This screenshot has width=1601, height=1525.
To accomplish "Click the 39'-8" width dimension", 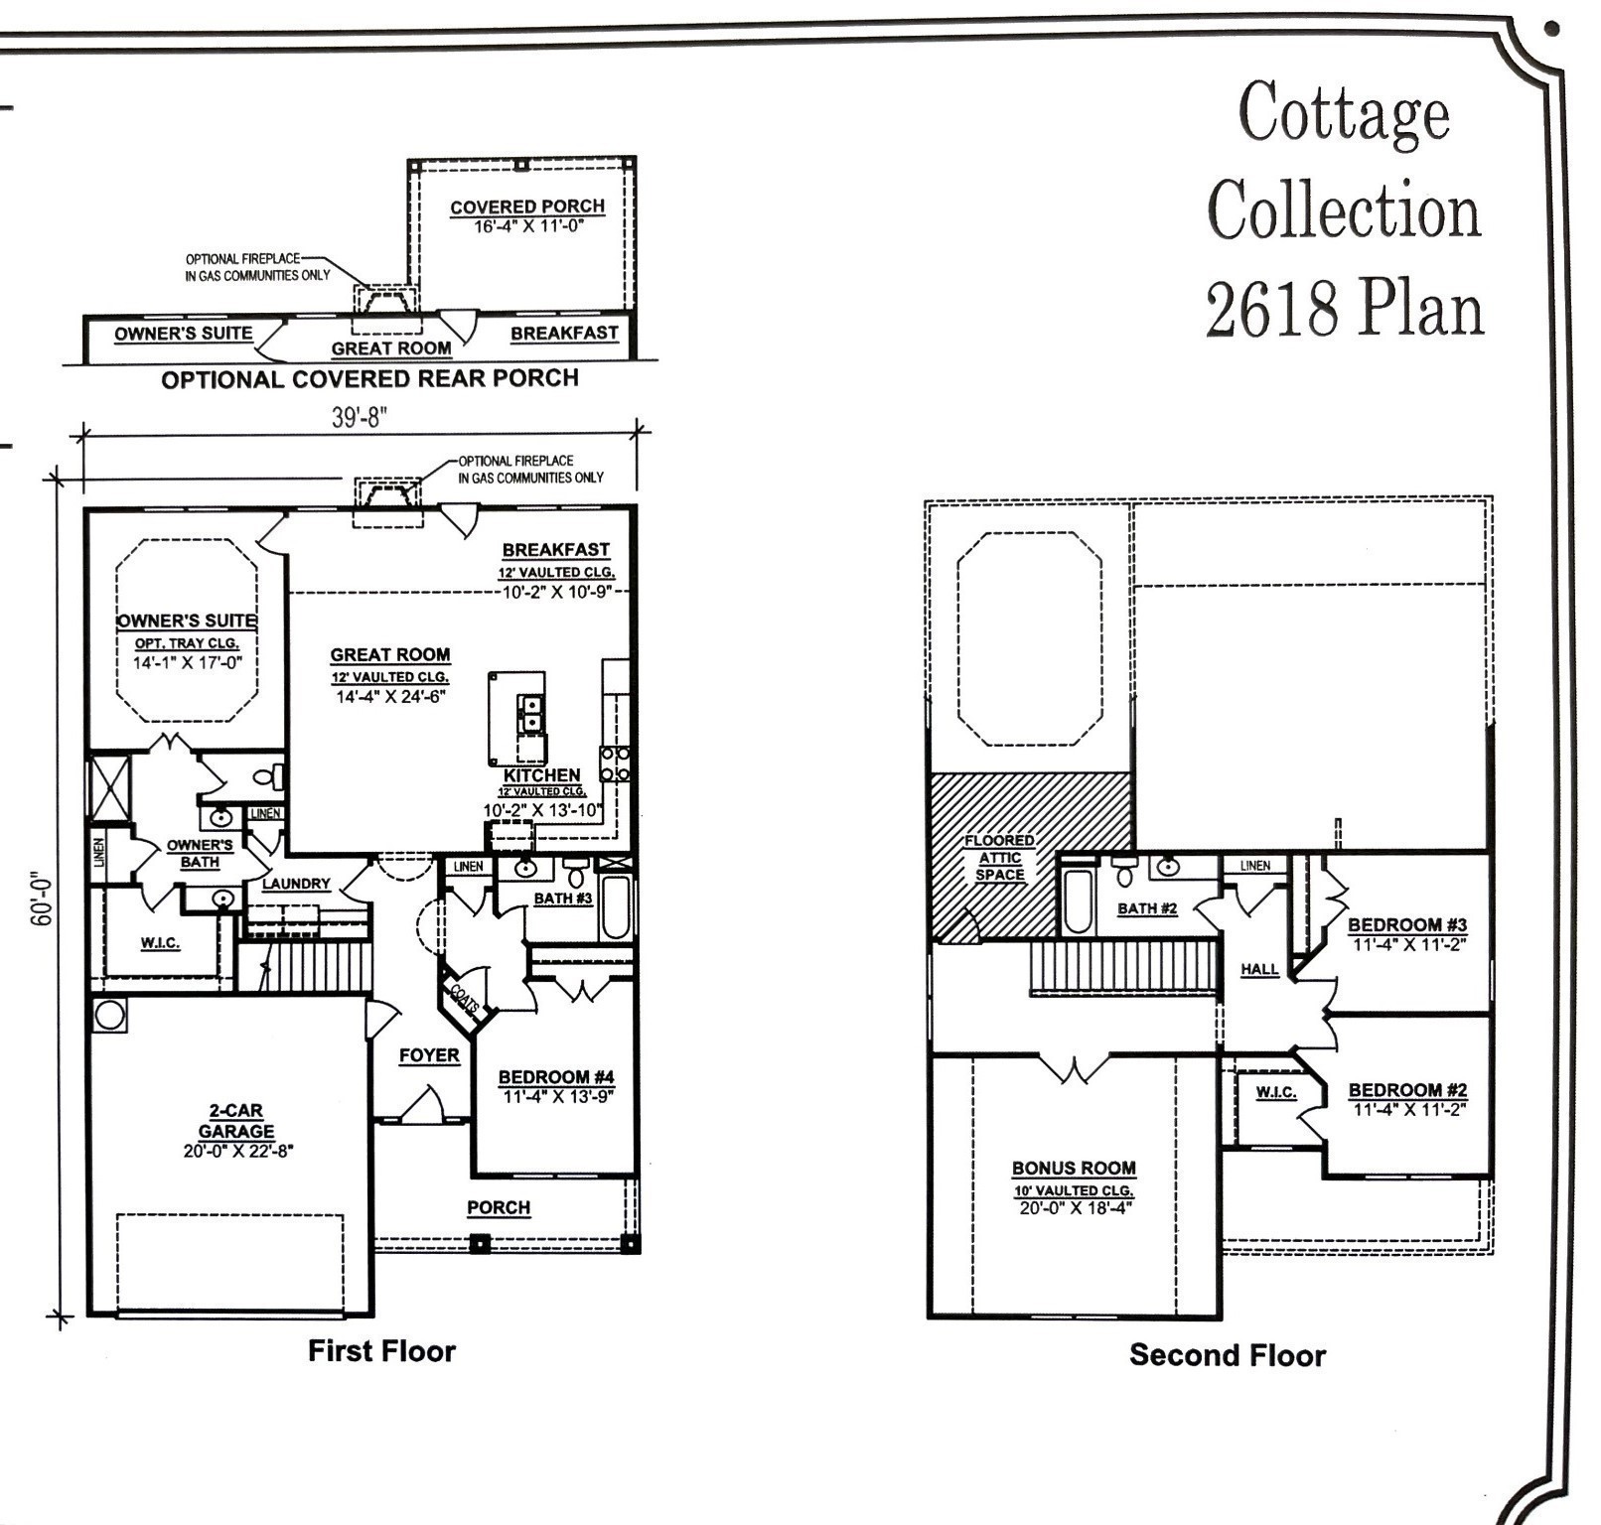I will [x=358, y=417].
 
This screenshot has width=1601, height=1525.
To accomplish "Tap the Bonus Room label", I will [x=1074, y=1169].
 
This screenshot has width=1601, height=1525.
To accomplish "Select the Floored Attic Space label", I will [x=999, y=858].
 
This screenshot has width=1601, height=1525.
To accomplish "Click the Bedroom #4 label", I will [x=556, y=1077].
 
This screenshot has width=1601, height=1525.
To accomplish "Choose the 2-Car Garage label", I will [x=236, y=1121].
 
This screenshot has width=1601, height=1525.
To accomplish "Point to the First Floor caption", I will [x=381, y=1351].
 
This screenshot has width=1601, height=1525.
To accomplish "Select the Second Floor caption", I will [x=1227, y=1355].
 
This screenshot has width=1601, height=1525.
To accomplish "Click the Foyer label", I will [x=429, y=1055].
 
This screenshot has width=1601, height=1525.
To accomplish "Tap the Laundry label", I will [x=296, y=884].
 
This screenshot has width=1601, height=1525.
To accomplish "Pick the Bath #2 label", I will [x=1147, y=908].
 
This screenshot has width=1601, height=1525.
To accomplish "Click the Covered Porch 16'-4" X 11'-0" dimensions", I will [x=527, y=226].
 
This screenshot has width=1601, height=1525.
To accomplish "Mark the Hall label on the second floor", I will [x=1259, y=969].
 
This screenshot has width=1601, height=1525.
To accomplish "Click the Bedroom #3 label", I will [x=1406, y=925].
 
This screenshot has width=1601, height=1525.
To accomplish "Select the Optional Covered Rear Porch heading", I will [x=369, y=379].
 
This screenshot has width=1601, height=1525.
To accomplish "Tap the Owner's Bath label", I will [x=200, y=854].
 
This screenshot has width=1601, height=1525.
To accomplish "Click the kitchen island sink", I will [x=530, y=713].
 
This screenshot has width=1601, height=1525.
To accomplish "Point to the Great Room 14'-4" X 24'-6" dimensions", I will [x=390, y=696].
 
